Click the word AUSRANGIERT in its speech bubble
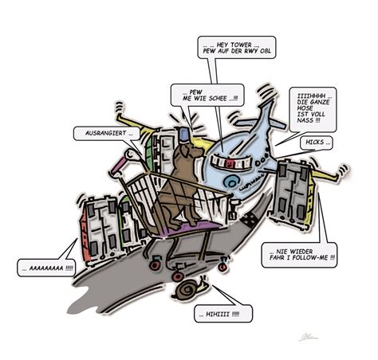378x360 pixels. pyautogui.click(x=106, y=133)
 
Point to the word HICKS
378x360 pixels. pyautogui.click(x=315, y=143)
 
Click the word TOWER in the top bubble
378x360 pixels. pyautogui.click(x=241, y=45)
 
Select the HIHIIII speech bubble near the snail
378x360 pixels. pyautogui.click(x=223, y=314)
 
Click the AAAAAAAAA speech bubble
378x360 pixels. pyautogui.click(x=45, y=268)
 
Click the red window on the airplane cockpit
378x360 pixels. pyautogui.click(x=228, y=164)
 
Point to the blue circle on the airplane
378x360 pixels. pyautogui.click(x=230, y=182)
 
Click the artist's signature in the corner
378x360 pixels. pyautogui.click(x=308, y=337)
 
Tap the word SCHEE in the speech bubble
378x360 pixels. pyautogui.click(x=218, y=98)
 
